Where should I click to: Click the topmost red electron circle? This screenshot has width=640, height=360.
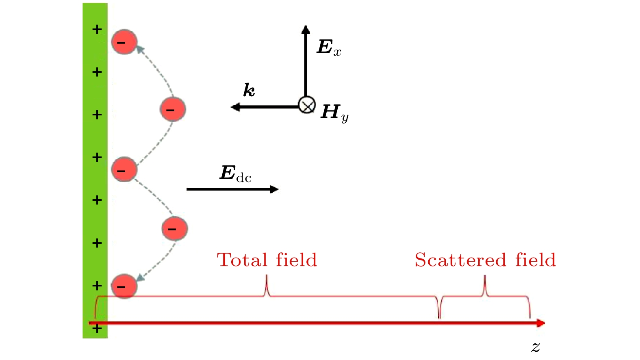tap(124, 42)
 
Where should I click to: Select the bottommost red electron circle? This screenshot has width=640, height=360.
tap(124, 286)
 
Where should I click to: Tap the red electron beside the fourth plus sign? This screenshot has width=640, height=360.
tap(124, 169)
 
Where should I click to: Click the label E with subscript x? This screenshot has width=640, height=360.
tap(329, 47)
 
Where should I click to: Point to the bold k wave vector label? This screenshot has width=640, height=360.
tap(249, 90)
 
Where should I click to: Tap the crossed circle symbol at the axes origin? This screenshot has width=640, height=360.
tap(306, 105)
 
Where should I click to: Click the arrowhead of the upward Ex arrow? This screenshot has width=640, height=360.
tap(306, 29)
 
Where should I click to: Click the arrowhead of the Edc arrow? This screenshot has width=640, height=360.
tap(274, 189)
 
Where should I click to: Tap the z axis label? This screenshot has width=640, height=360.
tap(536, 347)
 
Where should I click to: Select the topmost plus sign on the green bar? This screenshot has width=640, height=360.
tap(97, 29)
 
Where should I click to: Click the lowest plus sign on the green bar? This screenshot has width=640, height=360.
tap(97, 328)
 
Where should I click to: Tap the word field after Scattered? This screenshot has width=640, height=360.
tap(535, 260)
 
